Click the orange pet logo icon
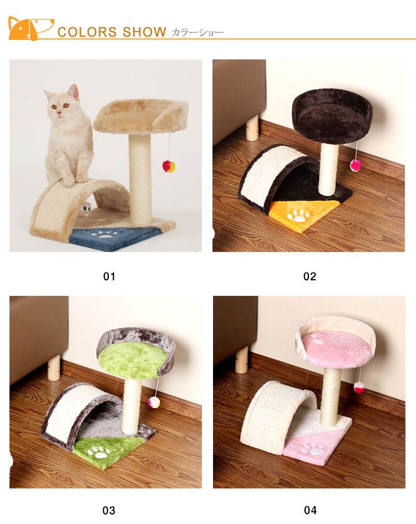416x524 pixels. tap(31, 28)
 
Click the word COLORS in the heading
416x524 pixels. tap(87, 32)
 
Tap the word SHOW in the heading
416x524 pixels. tap(144, 32)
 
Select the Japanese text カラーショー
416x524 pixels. tap(197, 32)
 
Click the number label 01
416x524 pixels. tap(109, 276)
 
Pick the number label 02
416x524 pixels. tap(310, 276)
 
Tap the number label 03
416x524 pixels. tap(109, 510)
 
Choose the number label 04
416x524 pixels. tap(310, 510)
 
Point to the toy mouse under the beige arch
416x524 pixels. tap(86, 209)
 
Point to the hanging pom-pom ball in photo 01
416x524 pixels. tap(169, 166)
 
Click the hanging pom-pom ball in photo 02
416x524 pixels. tap(356, 165)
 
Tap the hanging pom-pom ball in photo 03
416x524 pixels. tap(154, 402)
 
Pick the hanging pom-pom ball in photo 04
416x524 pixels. tap(359, 387)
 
